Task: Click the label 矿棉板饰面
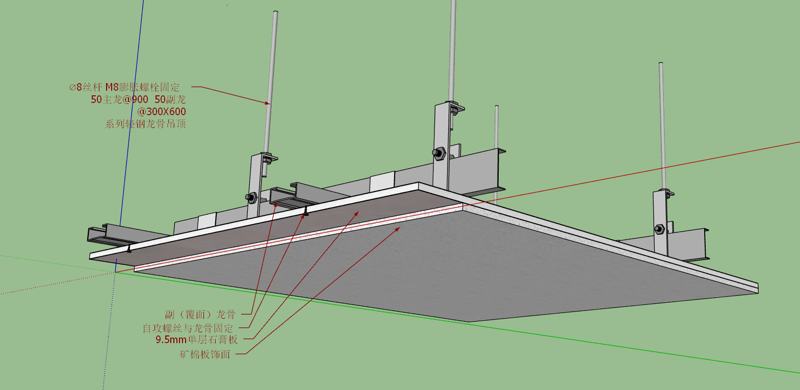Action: click(205, 354)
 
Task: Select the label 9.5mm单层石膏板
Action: click(196, 340)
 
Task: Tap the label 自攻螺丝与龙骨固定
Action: click(188, 328)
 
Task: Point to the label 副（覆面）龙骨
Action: click(200, 315)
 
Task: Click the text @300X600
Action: click(162, 112)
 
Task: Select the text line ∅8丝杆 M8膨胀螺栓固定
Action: click(124, 87)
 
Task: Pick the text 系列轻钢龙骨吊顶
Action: click(145, 124)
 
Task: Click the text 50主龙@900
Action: click(119, 99)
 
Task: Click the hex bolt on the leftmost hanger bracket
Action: click(251, 197)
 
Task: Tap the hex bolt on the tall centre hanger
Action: click(438, 152)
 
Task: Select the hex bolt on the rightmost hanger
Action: click(659, 229)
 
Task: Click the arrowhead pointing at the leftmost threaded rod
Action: click(267, 103)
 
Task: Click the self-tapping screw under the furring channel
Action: click(305, 213)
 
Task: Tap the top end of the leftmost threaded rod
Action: click(276, 12)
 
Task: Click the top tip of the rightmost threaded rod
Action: click(661, 64)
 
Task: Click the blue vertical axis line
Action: click(129, 136)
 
